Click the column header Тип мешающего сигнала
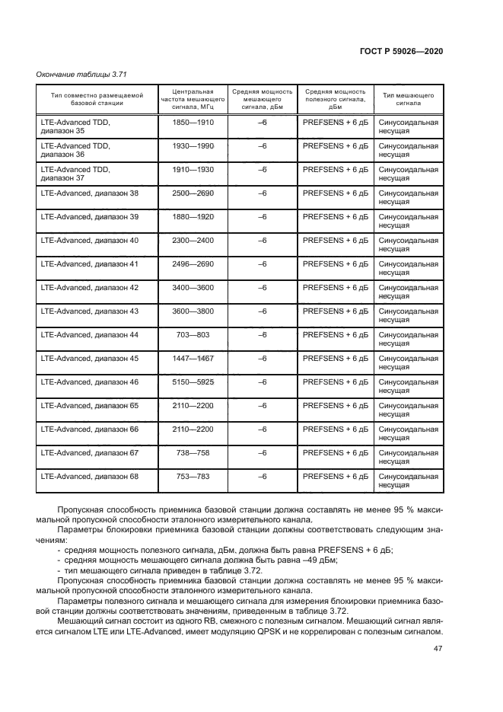[408, 99]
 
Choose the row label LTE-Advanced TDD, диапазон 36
[75, 149]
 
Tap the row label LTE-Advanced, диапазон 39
[89, 217]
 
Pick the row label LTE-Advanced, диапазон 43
[89, 311]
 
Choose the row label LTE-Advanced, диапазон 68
[89, 477]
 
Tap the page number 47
[438, 648]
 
